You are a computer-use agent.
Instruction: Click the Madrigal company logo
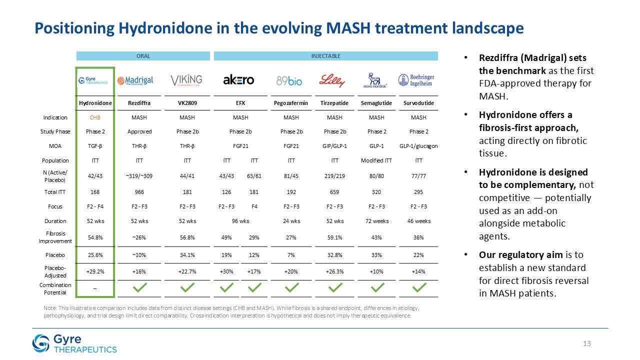pyautogui.click(x=135, y=80)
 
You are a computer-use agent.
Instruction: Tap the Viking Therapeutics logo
pyautogui.click(x=186, y=80)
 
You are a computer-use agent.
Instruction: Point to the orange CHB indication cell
pyautogui.click(x=95, y=117)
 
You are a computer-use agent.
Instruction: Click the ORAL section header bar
pyautogui.click(x=143, y=56)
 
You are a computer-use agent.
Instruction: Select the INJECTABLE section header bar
pyautogui.click(x=326, y=56)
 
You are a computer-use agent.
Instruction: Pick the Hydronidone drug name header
pyautogui.click(x=95, y=103)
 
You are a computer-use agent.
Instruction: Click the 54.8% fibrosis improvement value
pyautogui.click(x=95, y=237)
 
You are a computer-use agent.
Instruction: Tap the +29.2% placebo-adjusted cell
pyautogui.click(x=95, y=271)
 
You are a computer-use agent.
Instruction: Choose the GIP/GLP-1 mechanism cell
pyautogui.click(x=334, y=146)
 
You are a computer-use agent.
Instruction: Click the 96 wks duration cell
pyautogui.click(x=240, y=221)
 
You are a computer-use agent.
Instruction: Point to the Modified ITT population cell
pyautogui.click(x=376, y=160)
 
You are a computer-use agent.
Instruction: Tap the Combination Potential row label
pyautogui.click(x=55, y=288)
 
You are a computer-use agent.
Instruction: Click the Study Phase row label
pyautogui.click(x=55, y=132)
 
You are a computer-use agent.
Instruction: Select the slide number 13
pyautogui.click(x=587, y=343)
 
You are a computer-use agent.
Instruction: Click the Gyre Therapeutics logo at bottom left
pyautogui.click(x=74, y=344)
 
